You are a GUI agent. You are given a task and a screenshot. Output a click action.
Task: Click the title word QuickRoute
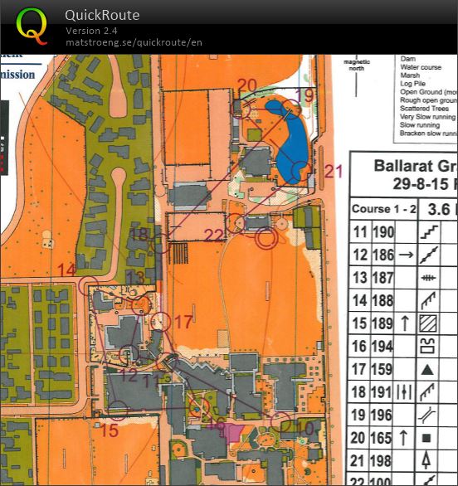102,15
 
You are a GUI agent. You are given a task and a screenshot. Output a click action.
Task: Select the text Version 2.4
91,31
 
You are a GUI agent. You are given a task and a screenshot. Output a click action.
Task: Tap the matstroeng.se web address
134,42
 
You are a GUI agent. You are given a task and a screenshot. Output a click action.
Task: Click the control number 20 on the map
246,85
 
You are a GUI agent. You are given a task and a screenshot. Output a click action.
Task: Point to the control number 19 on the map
305,95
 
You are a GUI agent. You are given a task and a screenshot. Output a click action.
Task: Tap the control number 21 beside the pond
333,172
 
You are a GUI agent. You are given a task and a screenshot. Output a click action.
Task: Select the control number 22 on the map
214,236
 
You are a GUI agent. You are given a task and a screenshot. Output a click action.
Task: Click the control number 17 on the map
183,321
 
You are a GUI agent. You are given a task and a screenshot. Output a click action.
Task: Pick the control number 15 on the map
110,430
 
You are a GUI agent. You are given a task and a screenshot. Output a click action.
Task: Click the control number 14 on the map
66,270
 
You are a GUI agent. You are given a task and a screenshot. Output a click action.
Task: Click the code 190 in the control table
382,232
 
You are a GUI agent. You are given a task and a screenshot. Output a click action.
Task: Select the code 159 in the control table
382,367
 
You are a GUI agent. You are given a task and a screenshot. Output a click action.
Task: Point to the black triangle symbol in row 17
427,367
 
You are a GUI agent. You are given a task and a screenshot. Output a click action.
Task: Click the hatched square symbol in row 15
427,323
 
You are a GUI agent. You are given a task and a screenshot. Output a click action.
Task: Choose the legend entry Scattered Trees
424,109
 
